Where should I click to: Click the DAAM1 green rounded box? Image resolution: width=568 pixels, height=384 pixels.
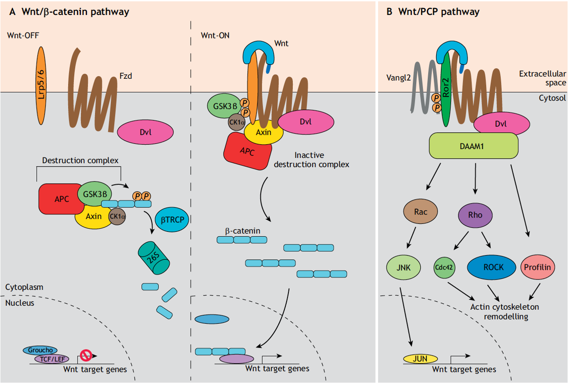coord(474,145)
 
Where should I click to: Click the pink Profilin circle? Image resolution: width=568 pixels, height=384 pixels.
coord(537,267)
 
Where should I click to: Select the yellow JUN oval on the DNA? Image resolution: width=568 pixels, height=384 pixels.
coord(420,358)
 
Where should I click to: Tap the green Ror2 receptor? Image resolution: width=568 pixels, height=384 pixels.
coord(446,88)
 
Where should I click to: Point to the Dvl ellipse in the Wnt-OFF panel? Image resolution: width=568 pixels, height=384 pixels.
coord(146,131)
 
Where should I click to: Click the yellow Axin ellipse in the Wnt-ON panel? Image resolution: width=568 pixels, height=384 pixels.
coord(264,132)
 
